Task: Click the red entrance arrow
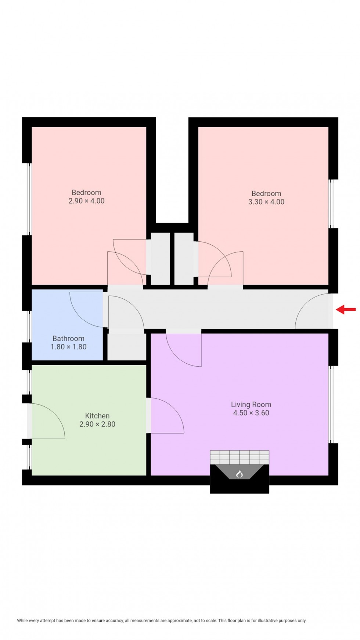click(x=346, y=309)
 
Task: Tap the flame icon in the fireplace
click(x=239, y=474)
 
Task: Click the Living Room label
click(x=251, y=405)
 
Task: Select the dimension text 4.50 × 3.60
click(x=251, y=413)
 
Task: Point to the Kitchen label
click(x=97, y=416)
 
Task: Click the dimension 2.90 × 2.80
click(x=97, y=424)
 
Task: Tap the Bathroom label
click(x=68, y=338)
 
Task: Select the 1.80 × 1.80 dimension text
click(x=68, y=347)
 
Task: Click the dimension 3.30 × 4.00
click(x=266, y=202)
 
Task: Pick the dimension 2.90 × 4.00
click(x=86, y=201)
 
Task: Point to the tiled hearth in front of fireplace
click(x=240, y=457)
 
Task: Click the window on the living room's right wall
click(x=330, y=404)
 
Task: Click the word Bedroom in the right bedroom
click(x=266, y=193)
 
